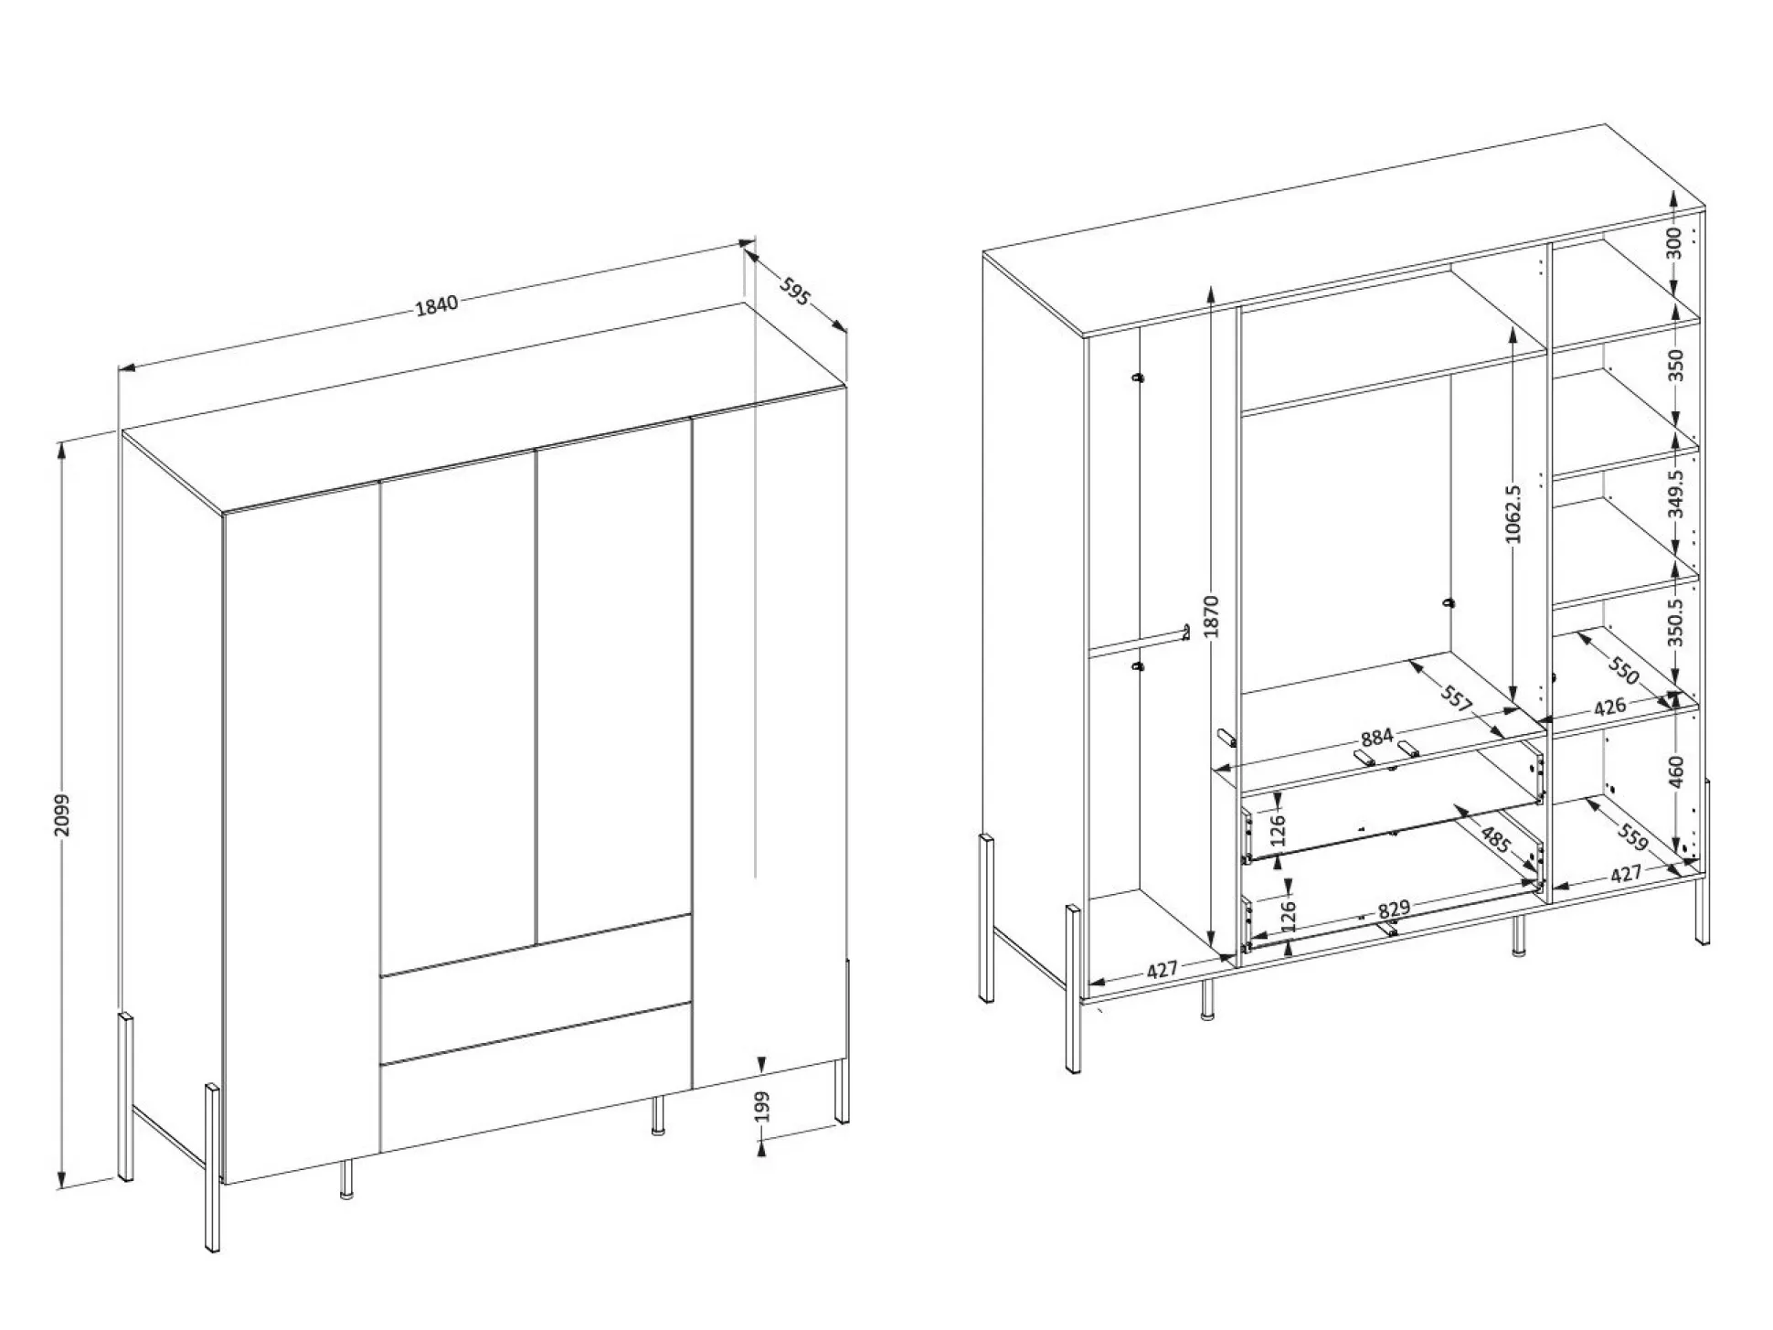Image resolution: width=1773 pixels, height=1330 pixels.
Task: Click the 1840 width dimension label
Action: pyautogui.click(x=437, y=304)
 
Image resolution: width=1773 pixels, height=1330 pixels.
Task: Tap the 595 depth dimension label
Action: pyautogui.click(x=795, y=290)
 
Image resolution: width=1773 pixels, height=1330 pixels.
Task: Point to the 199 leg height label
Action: pyautogui.click(x=762, y=1106)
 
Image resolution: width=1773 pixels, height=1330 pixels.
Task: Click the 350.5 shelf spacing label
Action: pyautogui.click(x=1674, y=622)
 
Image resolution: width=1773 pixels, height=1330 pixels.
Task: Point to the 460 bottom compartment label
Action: pyautogui.click(x=1675, y=771)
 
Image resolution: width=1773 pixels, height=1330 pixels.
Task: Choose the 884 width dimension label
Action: pyautogui.click(x=1376, y=737)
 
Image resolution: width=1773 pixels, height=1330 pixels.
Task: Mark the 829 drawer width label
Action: pyautogui.click(x=1394, y=910)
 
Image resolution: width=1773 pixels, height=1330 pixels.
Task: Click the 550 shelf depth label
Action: pyautogui.click(x=1623, y=672)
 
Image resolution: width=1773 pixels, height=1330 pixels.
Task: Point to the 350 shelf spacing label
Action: pyautogui.click(x=1674, y=366)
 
